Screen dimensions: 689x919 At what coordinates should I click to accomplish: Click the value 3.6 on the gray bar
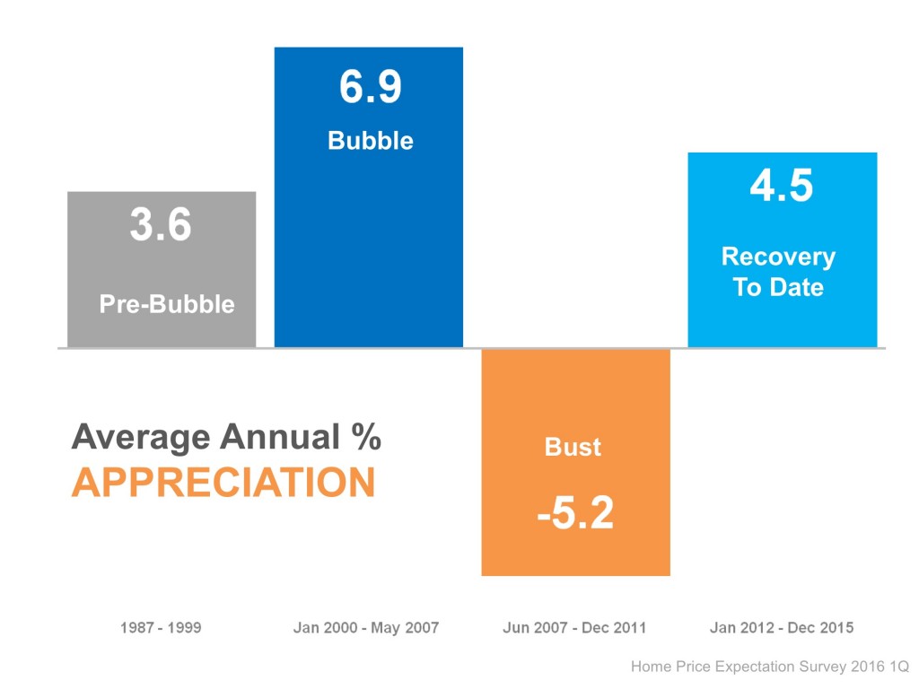click(x=161, y=225)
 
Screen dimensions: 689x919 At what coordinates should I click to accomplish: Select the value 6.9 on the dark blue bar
click(x=371, y=88)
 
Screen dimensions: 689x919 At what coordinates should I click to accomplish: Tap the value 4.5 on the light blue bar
click(x=782, y=187)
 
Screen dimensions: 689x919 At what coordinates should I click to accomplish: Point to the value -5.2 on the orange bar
click(x=575, y=513)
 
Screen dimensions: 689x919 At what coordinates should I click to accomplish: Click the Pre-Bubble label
click(x=167, y=304)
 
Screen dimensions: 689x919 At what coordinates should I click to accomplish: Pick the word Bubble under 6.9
click(x=371, y=141)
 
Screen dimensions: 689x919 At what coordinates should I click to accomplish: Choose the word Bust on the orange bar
click(x=573, y=447)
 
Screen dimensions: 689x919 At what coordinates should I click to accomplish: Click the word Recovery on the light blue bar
click(x=778, y=257)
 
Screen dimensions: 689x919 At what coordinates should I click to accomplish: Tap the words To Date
click(x=778, y=287)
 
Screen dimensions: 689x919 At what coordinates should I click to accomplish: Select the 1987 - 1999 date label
click(x=161, y=628)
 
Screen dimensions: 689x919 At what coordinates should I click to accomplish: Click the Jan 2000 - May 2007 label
click(x=366, y=628)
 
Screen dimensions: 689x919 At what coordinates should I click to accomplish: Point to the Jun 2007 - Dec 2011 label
click(x=574, y=628)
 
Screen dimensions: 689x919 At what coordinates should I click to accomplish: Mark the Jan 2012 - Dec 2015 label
click(x=782, y=628)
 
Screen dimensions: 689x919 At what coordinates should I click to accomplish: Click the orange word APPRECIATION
click(x=223, y=484)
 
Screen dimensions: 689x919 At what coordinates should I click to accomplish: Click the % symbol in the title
click(x=365, y=438)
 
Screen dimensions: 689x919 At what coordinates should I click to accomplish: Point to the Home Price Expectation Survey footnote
click(x=769, y=667)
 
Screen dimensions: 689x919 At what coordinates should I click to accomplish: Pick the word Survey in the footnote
click(x=823, y=667)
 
